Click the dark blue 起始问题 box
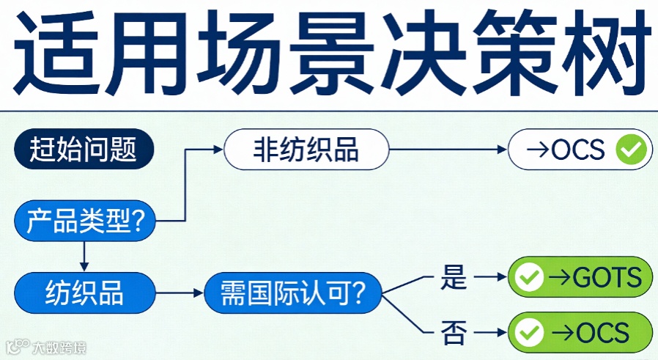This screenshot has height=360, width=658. [84, 150]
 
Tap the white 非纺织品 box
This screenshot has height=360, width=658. [306, 150]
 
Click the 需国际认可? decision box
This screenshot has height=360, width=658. [292, 293]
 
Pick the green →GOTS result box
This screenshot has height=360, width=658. [580, 277]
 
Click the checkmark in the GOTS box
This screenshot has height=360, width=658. [529, 278]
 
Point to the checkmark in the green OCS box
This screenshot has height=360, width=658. [529, 333]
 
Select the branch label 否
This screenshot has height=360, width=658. [449, 333]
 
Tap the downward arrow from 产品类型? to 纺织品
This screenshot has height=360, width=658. [84, 256]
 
